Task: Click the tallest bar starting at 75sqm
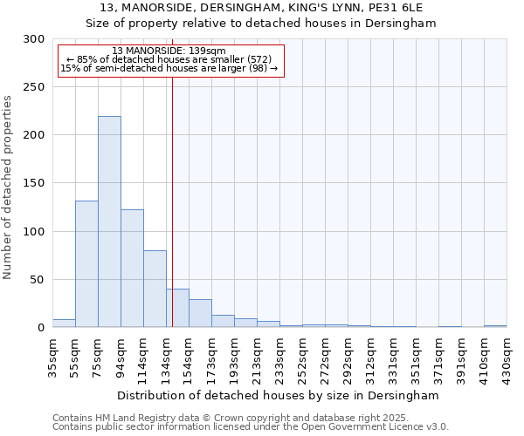(x=109, y=222)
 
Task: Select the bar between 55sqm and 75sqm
(x=86, y=264)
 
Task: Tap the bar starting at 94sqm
(x=132, y=269)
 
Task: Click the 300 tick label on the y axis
(x=34, y=39)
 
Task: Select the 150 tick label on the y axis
(x=34, y=184)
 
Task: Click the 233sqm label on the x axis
(x=279, y=358)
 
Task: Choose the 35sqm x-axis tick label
(x=52, y=358)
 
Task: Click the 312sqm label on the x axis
(x=370, y=358)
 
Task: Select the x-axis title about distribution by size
(x=279, y=395)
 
